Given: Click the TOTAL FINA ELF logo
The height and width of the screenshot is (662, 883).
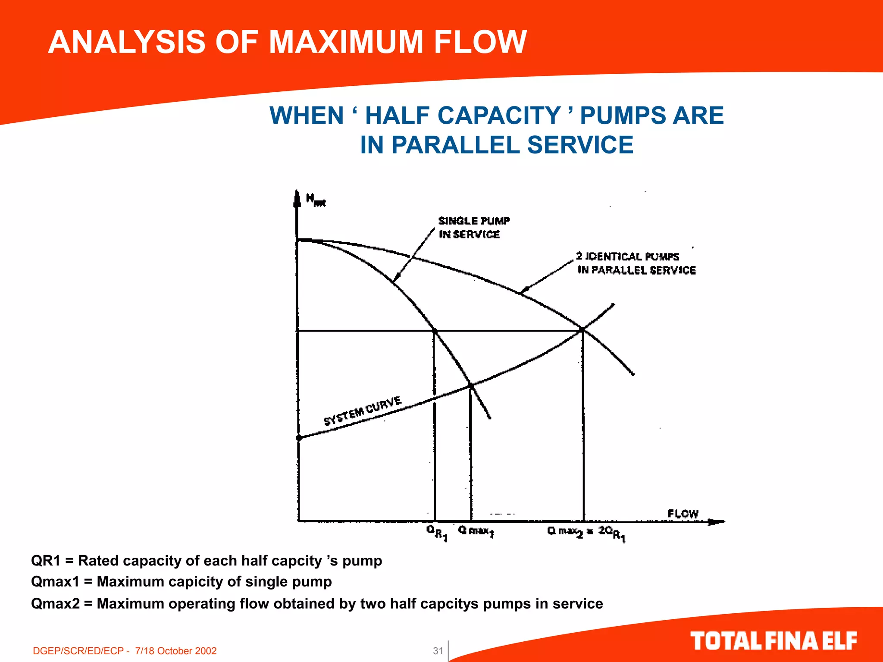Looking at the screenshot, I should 773,641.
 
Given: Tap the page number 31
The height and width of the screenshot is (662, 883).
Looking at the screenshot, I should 438,651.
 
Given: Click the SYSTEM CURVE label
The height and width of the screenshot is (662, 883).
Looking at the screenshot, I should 363,411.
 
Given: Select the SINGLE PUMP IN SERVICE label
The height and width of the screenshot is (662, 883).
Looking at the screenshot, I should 473,228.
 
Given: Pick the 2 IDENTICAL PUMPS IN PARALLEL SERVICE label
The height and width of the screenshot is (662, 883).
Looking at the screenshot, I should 636,263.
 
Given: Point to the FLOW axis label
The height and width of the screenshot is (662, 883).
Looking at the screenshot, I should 683,514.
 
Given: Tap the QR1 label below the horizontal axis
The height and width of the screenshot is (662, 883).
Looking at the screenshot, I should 437,533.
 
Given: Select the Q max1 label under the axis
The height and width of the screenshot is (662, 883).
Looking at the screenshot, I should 476,531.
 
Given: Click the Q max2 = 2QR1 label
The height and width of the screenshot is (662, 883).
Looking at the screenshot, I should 586,533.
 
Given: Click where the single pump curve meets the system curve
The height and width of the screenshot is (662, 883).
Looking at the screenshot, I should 471,385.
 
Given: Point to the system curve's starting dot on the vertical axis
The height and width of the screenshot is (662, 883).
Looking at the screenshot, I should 299,438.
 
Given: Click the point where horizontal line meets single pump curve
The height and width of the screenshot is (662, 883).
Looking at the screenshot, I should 435,331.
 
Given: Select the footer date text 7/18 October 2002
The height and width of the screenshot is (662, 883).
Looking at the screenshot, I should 175,651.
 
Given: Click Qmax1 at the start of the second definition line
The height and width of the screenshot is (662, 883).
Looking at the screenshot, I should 55,582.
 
